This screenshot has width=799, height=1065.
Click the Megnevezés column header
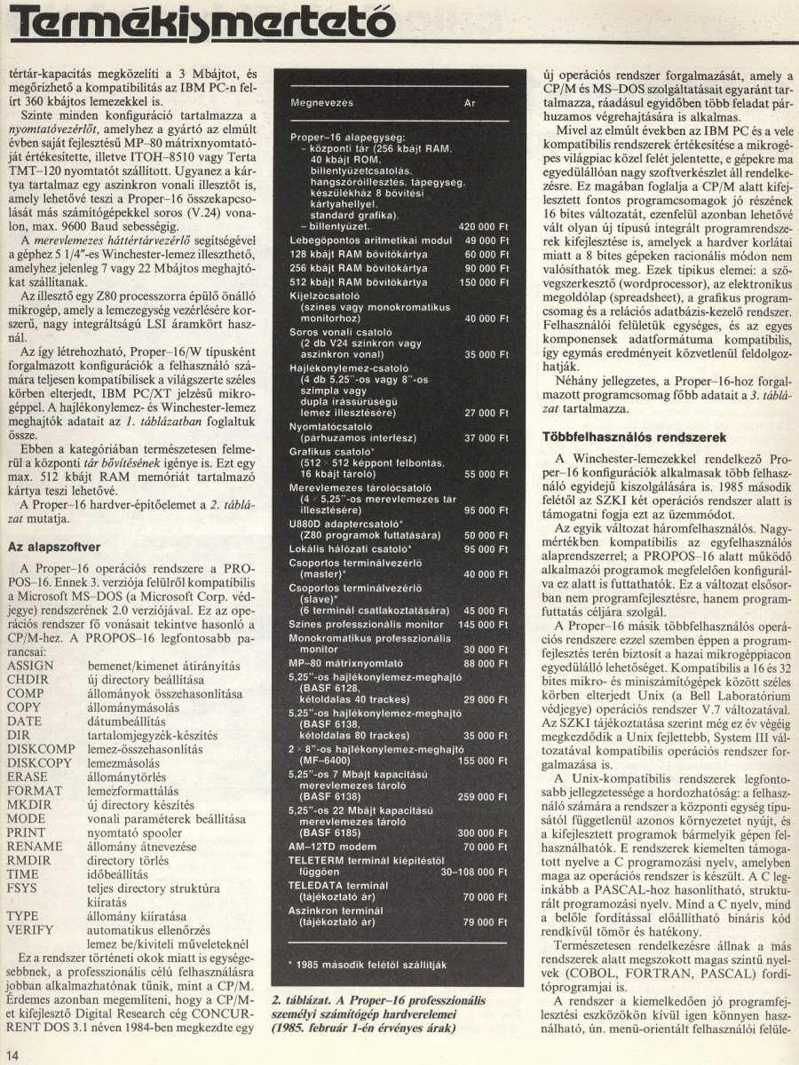pos(322,103)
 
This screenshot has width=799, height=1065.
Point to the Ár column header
pos(470,103)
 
